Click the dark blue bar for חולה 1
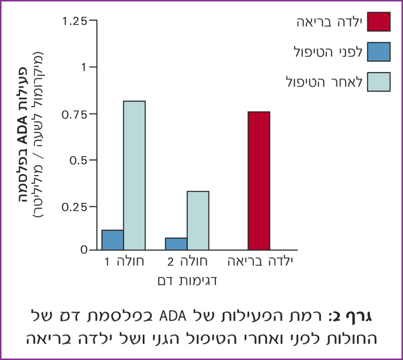click(112, 240)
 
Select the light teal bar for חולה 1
click(134, 175)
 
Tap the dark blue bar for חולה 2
click(176, 244)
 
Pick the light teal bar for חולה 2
click(197, 220)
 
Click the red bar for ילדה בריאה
click(258, 180)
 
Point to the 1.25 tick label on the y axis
click(75, 21)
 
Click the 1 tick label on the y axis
click(84, 67)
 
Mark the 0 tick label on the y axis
click(84, 251)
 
